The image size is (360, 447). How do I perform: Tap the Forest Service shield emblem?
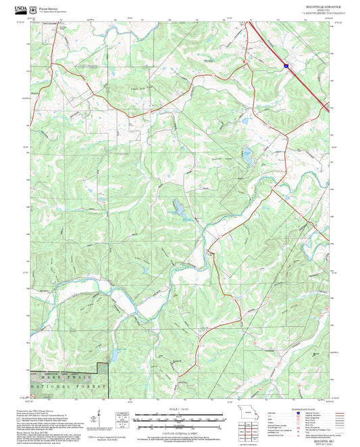(x=33, y=10)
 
